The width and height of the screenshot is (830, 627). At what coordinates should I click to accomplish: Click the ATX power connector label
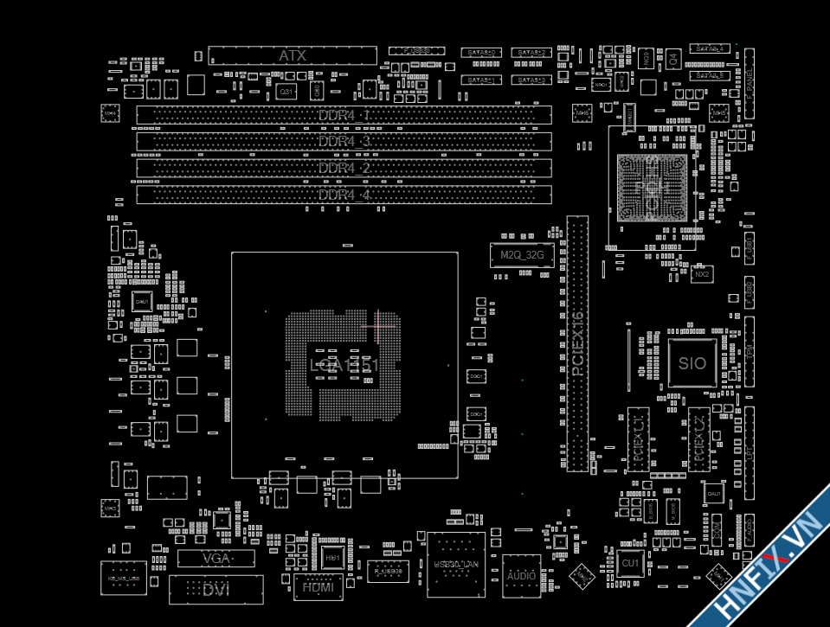(293, 55)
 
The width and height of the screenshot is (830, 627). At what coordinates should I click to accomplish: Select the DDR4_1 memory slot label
(344, 115)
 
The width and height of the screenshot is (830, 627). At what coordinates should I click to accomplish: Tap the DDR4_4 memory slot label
(344, 195)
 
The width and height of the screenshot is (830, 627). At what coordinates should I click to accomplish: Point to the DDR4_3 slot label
(344, 141)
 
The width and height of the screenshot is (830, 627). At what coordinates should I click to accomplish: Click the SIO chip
(692, 363)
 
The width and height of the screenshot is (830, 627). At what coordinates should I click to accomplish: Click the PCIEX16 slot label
(578, 343)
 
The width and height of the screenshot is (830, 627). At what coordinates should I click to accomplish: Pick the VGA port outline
(216, 559)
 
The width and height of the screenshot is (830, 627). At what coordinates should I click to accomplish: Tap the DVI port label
(216, 589)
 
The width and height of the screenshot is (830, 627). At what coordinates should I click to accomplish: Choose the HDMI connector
(318, 587)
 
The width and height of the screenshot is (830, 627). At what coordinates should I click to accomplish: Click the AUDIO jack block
(521, 575)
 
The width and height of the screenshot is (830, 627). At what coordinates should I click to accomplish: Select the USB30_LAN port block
(455, 564)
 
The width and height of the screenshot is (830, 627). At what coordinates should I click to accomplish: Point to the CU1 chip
(630, 563)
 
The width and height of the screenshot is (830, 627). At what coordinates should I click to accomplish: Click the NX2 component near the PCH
(702, 274)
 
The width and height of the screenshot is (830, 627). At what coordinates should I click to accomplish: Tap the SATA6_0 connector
(481, 54)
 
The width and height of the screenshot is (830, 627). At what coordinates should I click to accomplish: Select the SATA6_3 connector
(531, 80)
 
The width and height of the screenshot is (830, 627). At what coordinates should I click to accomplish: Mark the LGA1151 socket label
(344, 366)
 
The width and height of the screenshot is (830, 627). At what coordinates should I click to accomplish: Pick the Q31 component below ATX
(285, 91)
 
